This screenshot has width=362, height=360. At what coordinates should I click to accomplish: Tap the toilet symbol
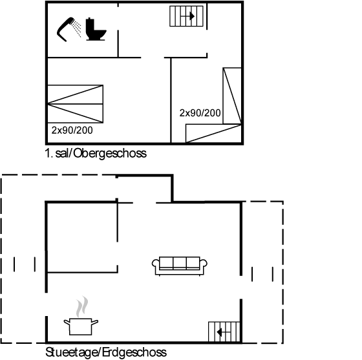pos(96,29)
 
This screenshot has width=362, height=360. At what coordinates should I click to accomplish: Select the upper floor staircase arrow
pos(187,16)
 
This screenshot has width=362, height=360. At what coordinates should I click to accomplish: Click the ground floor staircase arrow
pos(224,333)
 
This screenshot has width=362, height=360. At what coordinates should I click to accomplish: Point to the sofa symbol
pos(180,266)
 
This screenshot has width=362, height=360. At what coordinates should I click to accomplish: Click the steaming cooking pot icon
pos(81,315)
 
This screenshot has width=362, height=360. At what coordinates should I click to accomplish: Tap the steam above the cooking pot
pos(82,306)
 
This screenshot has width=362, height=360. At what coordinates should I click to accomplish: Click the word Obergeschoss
pos(110,153)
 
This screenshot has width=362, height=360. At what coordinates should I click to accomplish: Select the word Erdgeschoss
pos(134,352)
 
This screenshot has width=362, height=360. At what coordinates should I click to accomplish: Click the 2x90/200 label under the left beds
pos(72,131)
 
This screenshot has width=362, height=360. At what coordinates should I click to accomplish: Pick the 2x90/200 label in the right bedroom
pos(200,113)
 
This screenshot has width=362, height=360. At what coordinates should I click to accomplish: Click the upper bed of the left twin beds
pos(75,94)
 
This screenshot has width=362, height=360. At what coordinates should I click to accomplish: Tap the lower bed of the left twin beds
pos(75,113)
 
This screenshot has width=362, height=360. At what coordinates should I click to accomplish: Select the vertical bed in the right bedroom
pos(232,96)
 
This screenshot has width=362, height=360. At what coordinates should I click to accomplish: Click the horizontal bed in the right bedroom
pos(213,133)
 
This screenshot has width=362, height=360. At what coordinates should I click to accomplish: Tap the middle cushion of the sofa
pos(180,263)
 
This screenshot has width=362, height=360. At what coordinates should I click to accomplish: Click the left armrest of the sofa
pos(156,264)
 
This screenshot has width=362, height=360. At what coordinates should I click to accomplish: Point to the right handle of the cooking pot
pos(95,322)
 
